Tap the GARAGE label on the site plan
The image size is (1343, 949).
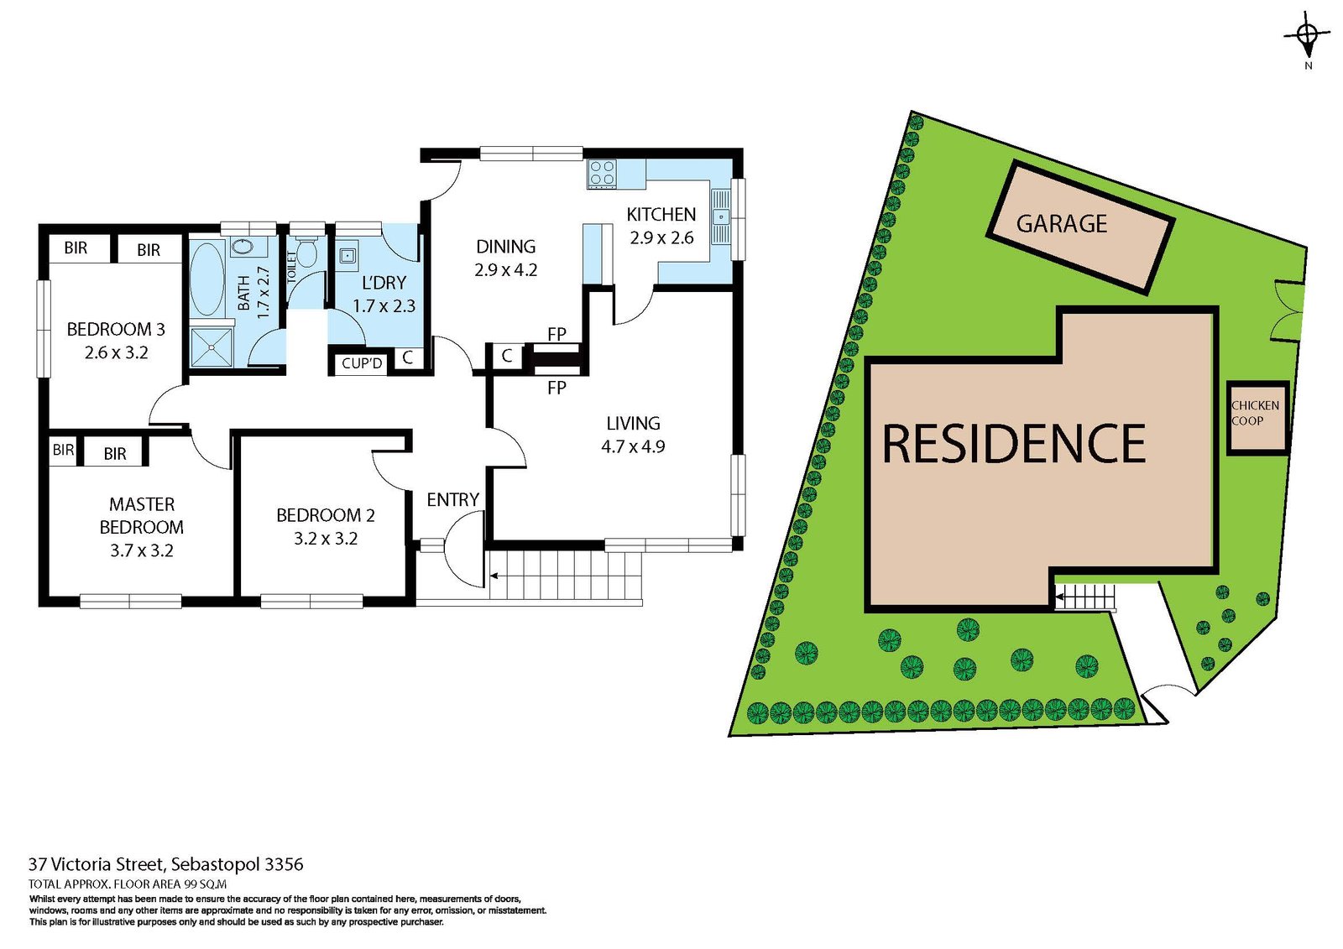[x=1062, y=224]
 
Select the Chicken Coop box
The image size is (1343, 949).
[x=1257, y=417]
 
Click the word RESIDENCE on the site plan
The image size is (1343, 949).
[x=1013, y=444]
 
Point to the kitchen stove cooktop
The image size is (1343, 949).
[x=602, y=174]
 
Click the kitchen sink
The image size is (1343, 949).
[x=720, y=216]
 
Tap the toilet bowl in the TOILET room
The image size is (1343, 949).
[x=306, y=252]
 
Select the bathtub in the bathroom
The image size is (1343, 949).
[x=206, y=279]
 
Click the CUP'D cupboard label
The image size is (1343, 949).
[x=362, y=363]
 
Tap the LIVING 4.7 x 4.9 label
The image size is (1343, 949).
[x=633, y=435]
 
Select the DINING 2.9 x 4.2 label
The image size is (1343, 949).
[x=505, y=258]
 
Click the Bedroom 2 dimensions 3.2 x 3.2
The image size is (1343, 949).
[x=326, y=539]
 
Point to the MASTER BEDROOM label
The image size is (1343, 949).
[x=142, y=515]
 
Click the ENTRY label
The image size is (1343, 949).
[x=452, y=500]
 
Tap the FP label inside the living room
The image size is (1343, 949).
[x=557, y=388]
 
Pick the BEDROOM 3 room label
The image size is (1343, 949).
[x=116, y=329]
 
